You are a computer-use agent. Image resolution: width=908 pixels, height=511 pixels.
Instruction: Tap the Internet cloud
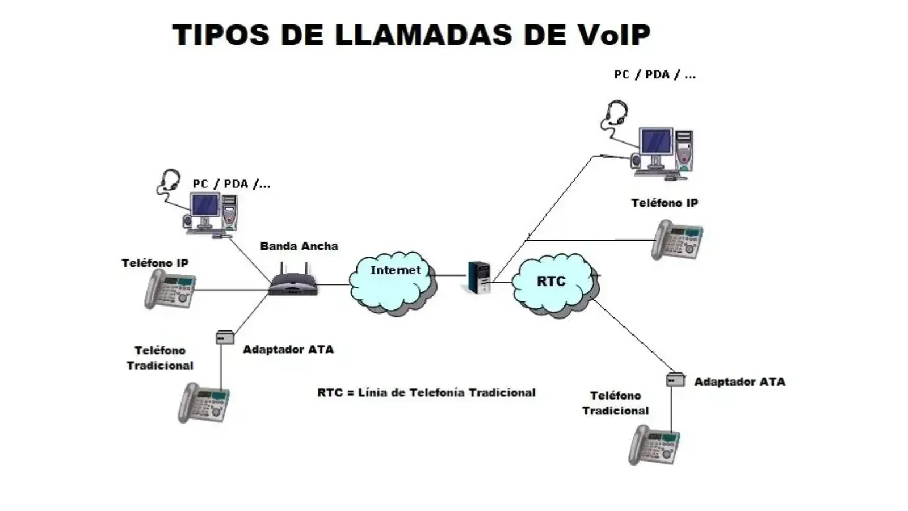click(x=394, y=282)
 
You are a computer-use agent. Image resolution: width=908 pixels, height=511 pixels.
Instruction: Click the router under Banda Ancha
click(x=293, y=282)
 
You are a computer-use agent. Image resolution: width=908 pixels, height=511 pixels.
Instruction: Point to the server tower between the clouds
click(x=480, y=277)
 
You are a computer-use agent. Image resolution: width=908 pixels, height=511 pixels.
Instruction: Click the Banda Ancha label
click(x=299, y=246)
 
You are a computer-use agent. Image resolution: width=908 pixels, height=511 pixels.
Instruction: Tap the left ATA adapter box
click(x=225, y=338)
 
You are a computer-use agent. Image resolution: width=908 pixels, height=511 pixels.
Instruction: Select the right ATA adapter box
click(x=675, y=379)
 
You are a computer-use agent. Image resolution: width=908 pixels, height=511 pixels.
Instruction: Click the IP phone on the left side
click(x=170, y=289)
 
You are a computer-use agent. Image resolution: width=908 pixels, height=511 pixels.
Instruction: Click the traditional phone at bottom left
click(x=204, y=403)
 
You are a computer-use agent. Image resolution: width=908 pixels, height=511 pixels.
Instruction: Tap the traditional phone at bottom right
click(x=654, y=445)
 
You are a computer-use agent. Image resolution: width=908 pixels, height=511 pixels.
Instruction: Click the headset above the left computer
click(x=169, y=181)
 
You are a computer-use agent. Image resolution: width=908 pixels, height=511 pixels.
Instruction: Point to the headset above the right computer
click(x=616, y=112)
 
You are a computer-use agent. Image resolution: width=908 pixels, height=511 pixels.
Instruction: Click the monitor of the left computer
click(x=205, y=205)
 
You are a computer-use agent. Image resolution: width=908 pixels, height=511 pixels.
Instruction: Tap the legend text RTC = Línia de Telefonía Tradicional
click(x=426, y=392)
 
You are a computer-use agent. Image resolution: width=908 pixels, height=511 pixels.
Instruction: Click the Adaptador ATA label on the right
click(x=739, y=382)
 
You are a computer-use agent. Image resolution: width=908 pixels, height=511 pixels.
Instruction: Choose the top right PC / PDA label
click(x=654, y=74)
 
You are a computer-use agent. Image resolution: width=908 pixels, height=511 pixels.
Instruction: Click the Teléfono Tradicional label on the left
click(x=160, y=358)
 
